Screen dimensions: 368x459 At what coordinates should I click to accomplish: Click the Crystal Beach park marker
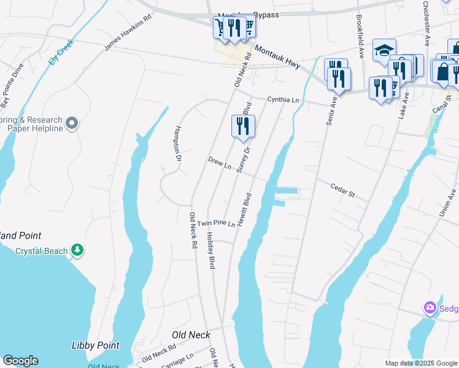(x=77, y=250)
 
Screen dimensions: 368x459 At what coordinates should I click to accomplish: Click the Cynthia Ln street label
(x=283, y=100)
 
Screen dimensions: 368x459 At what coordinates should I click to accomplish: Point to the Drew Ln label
(x=219, y=163)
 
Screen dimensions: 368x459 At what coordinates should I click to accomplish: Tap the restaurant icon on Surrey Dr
(x=243, y=126)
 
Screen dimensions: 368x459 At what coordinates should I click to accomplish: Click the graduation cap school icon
(x=384, y=50)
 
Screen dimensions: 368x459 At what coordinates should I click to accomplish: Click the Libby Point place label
(x=95, y=346)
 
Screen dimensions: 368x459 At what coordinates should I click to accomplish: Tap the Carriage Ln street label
(x=177, y=359)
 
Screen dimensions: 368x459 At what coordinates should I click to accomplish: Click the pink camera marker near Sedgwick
(x=430, y=307)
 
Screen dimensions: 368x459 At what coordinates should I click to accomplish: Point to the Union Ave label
(x=447, y=203)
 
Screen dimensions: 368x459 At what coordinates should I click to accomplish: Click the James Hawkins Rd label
(x=128, y=33)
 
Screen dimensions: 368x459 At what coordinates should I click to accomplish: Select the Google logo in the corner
(x=20, y=361)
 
